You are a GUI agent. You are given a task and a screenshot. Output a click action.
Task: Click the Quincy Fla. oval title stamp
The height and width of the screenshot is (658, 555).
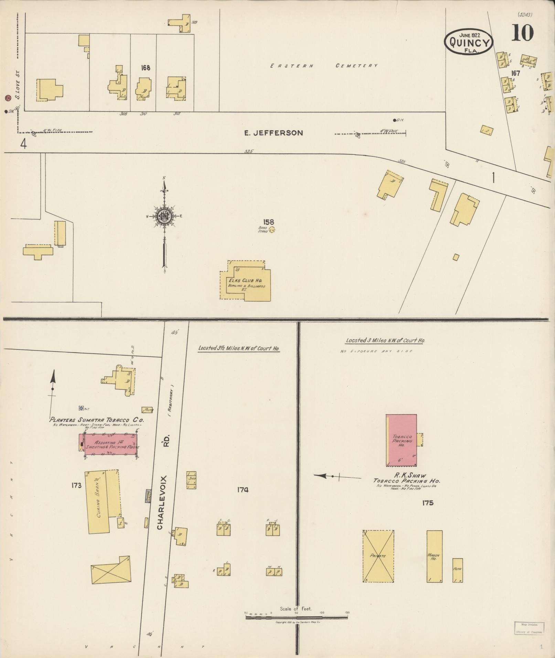(469, 42)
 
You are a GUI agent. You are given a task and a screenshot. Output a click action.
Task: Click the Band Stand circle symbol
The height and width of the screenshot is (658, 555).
(272, 230)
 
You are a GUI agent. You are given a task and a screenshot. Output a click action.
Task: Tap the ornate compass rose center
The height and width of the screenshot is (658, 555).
(164, 216)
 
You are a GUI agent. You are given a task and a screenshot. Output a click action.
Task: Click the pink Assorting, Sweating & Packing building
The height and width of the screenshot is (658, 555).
(108, 444)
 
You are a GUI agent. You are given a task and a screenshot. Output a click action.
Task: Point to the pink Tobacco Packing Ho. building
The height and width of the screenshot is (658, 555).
(401, 440)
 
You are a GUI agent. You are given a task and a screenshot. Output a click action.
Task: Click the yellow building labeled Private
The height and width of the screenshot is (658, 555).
(378, 556)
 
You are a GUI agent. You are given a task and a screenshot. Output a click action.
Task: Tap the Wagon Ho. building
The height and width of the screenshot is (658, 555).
(434, 556)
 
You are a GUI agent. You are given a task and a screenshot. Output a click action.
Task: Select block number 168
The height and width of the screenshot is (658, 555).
(146, 68)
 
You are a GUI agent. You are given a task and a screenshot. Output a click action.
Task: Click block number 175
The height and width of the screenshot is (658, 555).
(427, 503)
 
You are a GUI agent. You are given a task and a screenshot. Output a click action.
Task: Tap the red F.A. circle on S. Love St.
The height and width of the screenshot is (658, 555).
(8, 98)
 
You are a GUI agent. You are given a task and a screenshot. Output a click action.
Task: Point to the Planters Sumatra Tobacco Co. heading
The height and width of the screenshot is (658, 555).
(97, 420)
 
